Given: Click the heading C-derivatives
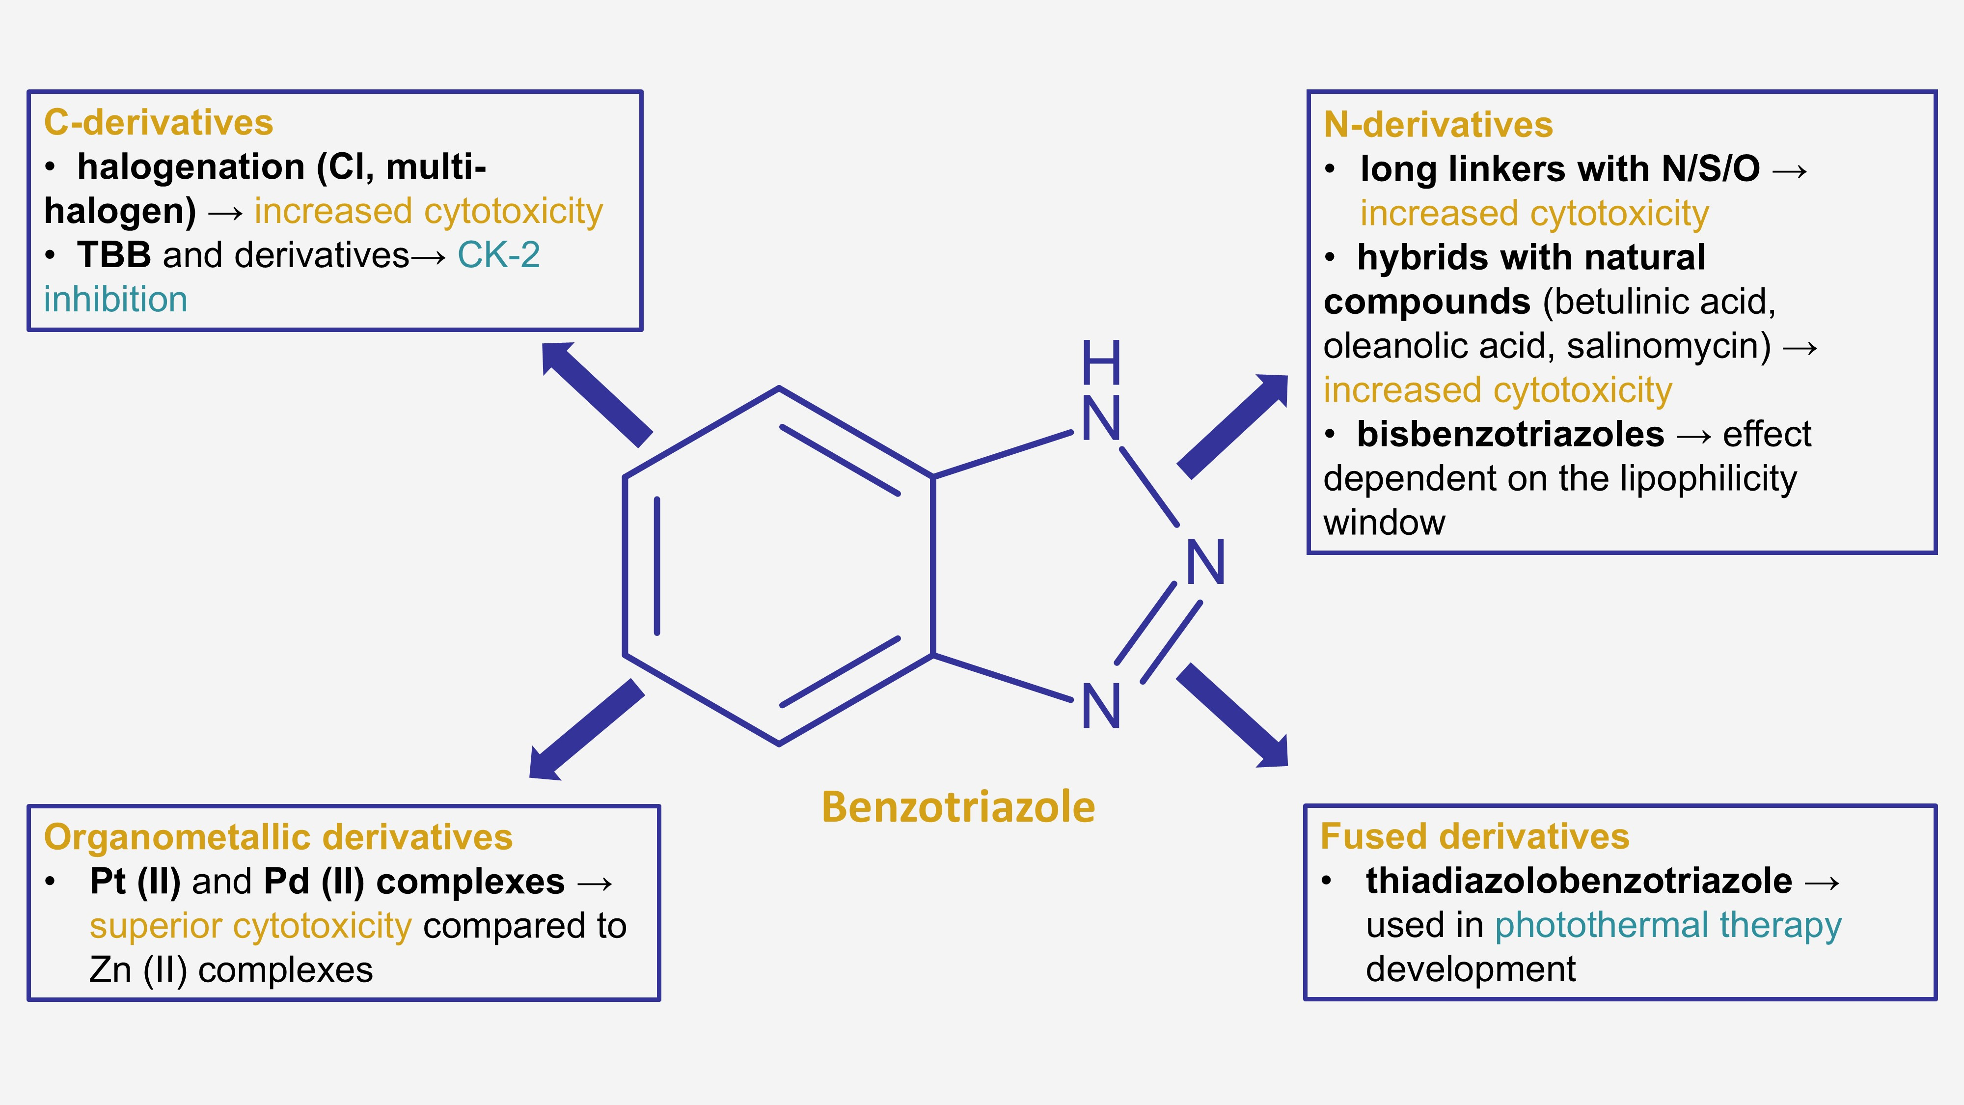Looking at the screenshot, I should point(158,123).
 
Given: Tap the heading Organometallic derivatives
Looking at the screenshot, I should point(278,837).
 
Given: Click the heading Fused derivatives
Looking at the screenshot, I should point(1474,836).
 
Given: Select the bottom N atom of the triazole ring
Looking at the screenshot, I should point(1101,706).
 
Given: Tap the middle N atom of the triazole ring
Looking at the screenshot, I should point(1205,563).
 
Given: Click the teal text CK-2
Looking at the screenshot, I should point(499,255).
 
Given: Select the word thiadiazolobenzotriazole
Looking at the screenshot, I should point(1578,882).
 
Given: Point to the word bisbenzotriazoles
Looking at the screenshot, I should point(1510,435).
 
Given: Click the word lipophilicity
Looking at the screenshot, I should point(1708,479).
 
